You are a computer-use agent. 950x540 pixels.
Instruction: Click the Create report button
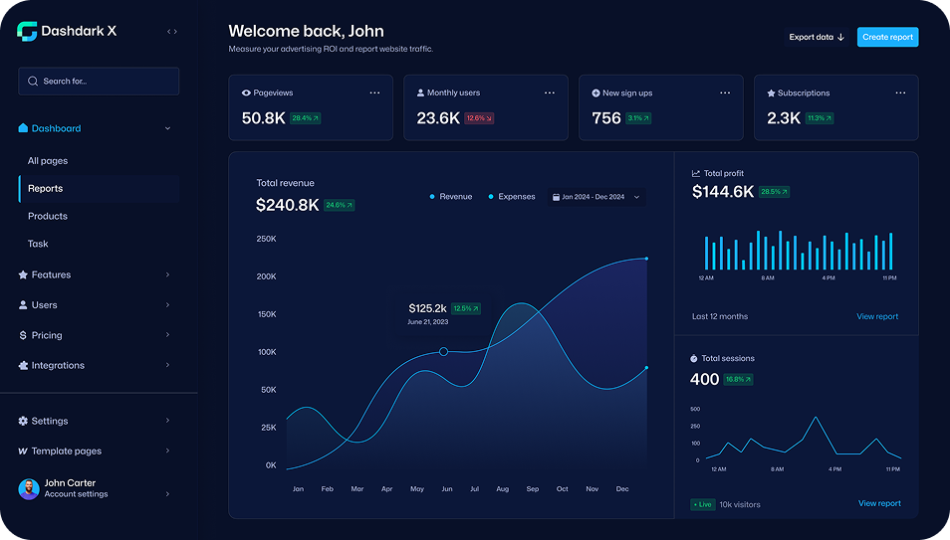pos(887,37)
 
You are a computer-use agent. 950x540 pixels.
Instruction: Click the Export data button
pos(816,37)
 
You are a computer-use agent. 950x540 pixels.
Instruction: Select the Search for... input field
pos(99,82)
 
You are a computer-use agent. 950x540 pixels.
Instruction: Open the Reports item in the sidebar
pos(46,188)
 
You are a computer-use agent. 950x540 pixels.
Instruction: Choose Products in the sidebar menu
pos(48,216)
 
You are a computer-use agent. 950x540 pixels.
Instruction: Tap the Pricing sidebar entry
pos(47,335)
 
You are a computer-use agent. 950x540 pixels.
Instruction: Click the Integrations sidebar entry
pos(58,365)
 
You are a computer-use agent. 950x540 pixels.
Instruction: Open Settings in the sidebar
pos(50,421)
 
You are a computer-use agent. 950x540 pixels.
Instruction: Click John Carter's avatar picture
pos(29,488)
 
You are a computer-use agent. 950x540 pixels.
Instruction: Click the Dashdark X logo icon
pos(27,31)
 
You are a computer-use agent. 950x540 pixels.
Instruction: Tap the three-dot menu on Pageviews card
pos(374,92)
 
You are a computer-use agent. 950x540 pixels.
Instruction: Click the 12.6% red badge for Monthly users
pos(479,118)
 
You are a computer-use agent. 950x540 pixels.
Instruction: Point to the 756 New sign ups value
pos(605,118)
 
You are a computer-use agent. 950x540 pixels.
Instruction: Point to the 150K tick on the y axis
pos(267,314)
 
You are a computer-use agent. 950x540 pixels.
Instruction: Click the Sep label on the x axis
pos(533,489)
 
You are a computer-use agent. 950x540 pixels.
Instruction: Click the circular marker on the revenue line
pos(444,351)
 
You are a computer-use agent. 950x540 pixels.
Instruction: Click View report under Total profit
pos(877,316)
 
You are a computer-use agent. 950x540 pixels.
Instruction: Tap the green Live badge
pos(702,504)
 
